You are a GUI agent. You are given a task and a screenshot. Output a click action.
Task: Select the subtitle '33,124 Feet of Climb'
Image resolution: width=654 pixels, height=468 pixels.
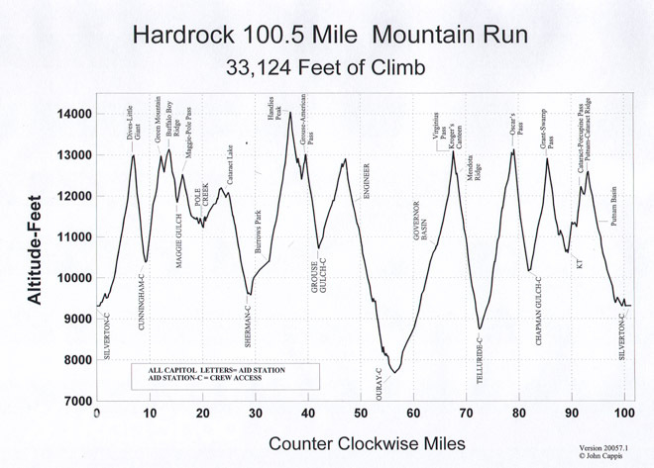coord(327,68)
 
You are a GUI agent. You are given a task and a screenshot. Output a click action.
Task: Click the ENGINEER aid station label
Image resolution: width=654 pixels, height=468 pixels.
coord(367,181)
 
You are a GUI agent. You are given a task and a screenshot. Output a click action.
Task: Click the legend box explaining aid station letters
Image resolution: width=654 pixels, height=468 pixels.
coord(225,374)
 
